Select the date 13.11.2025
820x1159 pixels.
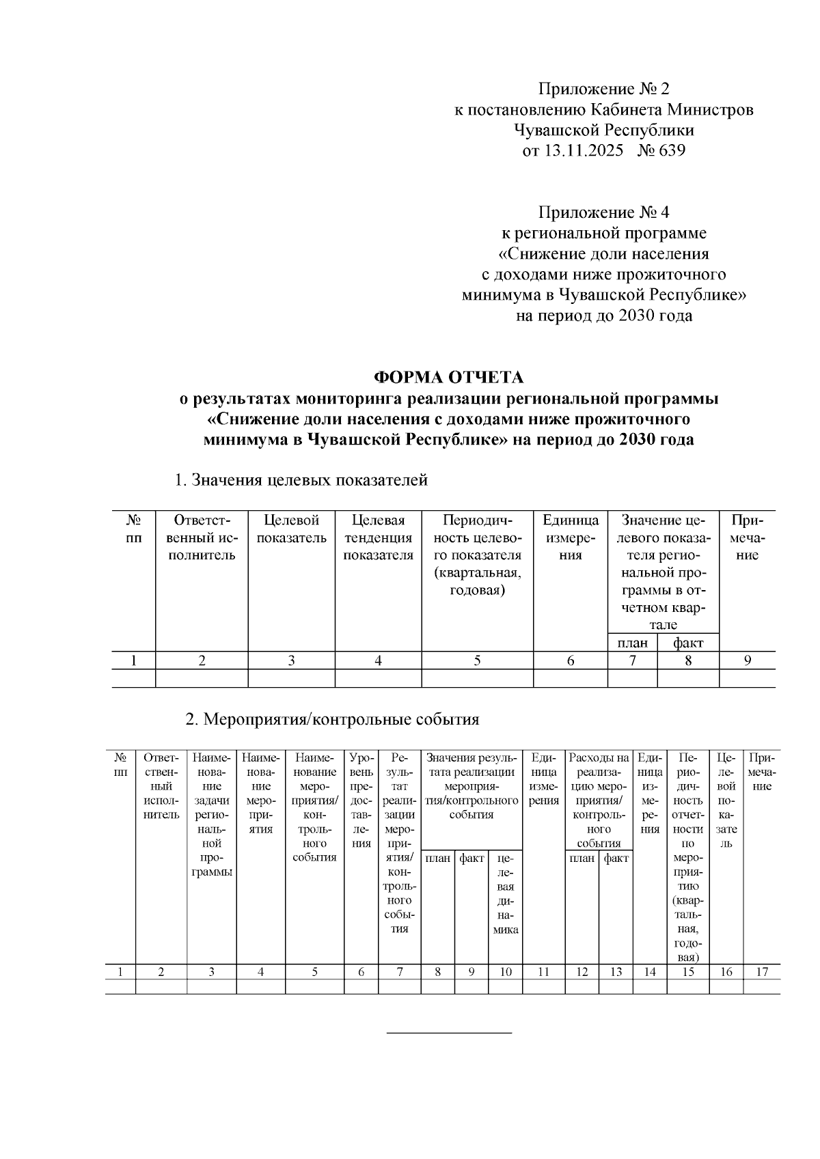(x=583, y=150)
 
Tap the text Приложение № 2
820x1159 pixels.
(x=604, y=89)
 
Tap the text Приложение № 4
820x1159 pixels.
(x=604, y=212)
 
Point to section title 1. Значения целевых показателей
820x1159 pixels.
(x=301, y=480)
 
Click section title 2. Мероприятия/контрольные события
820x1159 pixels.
(x=333, y=719)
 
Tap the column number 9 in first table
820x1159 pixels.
(x=748, y=660)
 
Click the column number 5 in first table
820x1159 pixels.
(x=477, y=660)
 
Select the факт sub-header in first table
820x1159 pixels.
(x=687, y=643)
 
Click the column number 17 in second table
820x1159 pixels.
(x=761, y=973)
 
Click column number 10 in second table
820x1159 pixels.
(x=505, y=973)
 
